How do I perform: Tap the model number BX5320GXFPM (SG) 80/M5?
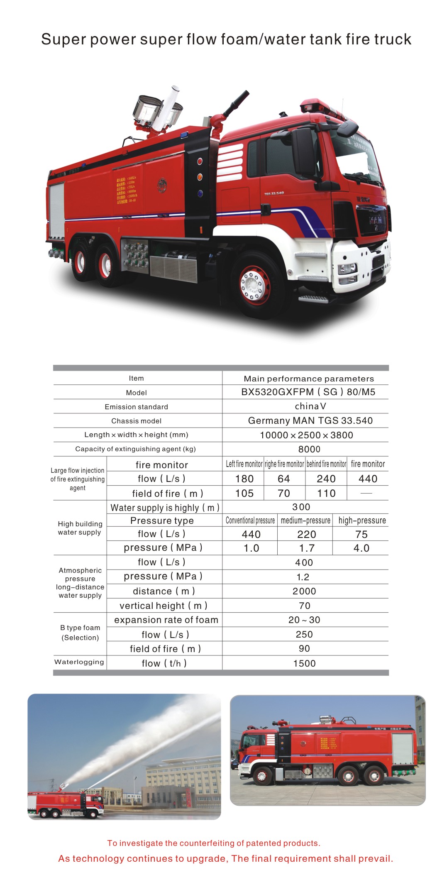308,392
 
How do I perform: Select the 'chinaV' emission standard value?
310,406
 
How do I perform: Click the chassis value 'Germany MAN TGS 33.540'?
310,420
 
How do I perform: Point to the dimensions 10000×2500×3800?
306,435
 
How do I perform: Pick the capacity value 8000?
309,449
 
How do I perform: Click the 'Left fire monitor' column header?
244,464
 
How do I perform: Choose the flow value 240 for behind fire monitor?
326,479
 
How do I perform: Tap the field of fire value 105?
244,494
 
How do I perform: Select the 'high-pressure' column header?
362,521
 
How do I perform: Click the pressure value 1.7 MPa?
307,548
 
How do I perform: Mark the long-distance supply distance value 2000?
304,591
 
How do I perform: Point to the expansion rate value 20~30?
304,620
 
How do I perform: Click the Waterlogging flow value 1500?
304,663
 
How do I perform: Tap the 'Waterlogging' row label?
79,662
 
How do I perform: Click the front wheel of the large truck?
254,285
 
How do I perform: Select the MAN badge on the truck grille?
376,220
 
